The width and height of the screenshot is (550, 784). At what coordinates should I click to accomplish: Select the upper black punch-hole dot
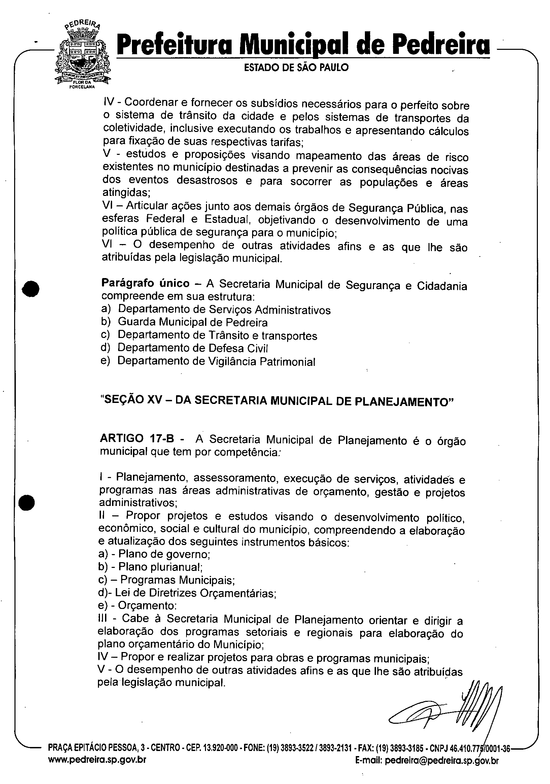pyautogui.click(x=31, y=289)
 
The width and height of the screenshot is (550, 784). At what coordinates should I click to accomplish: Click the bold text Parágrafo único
pyautogui.click(x=145, y=283)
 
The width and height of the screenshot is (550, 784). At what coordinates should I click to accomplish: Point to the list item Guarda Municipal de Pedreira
pyautogui.click(x=193, y=322)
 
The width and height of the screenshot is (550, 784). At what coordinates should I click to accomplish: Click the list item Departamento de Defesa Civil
pyautogui.click(x=193, y=348)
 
